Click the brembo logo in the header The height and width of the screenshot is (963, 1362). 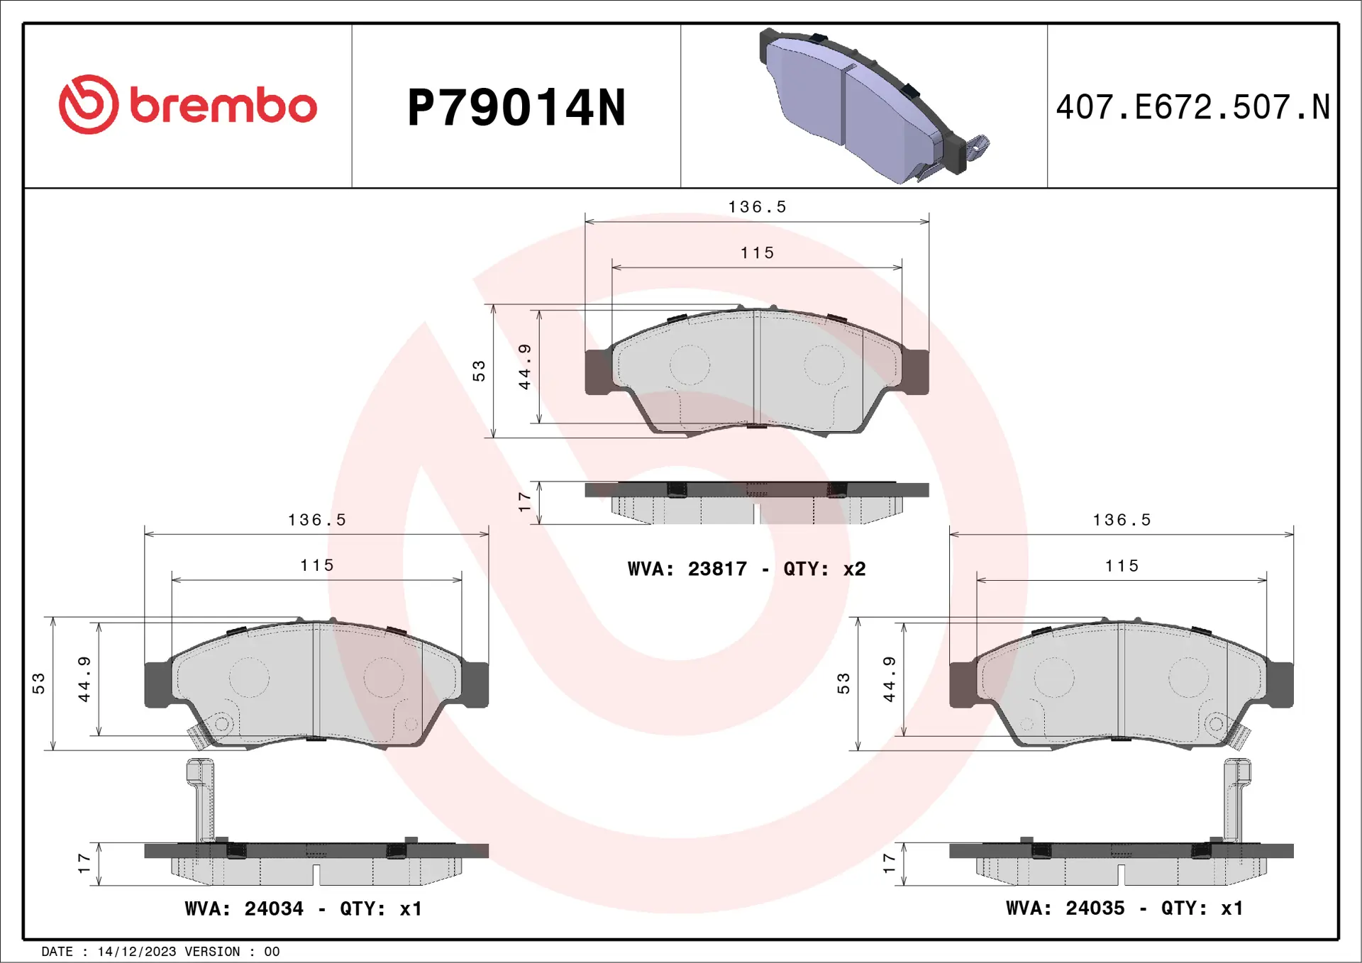[x=187, y=105]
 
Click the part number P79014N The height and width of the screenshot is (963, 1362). [x=516, y=108]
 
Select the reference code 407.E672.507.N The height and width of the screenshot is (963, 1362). [x=1192, y=107]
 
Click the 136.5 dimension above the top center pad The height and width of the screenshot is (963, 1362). [x=757, y=207]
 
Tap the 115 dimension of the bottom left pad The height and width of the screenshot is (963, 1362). [x=316, y=565]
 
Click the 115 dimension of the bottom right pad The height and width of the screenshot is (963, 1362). [x=1122, y=566]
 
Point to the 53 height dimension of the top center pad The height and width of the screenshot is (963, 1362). [x=480, y=371]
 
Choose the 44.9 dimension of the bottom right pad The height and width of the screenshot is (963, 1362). [x=889, y=679]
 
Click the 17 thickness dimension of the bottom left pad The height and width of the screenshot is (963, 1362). [x=84, y=863]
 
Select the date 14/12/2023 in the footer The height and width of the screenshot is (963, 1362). [x=136, y=952]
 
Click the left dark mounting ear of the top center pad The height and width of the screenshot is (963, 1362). [x=598, y=372]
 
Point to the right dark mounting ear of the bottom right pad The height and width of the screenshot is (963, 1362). [x=1280, y=684]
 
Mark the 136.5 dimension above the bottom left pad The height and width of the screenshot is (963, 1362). [x=316, y=520]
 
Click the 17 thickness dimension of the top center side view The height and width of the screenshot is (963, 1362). [x=524, y=502]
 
